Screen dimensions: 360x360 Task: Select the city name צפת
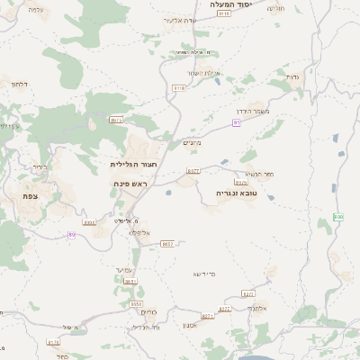(31, 195)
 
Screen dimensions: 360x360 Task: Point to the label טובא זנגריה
(236, 193)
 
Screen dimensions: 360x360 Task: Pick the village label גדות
(292, 76)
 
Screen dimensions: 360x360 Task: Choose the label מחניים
(192, 141)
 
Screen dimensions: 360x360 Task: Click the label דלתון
(19, 84)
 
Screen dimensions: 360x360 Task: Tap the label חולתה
(301, 8)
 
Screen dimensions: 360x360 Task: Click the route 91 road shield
(237, 122)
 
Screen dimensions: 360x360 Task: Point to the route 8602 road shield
(167, 243)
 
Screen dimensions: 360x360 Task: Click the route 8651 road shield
(130, 282)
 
